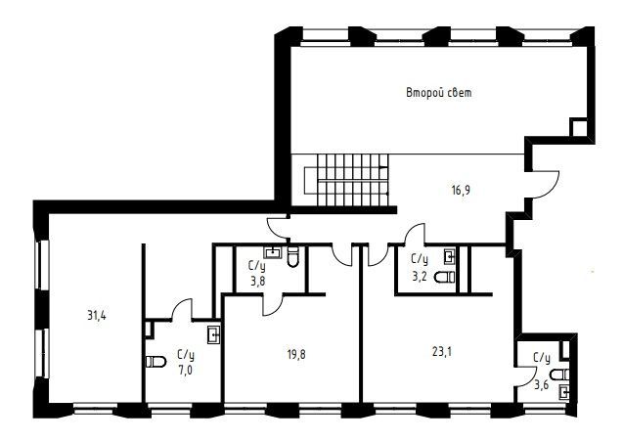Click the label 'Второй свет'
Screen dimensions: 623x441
point(439,93)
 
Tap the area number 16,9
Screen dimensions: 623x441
point(461,191)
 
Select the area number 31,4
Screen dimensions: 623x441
point(97,316)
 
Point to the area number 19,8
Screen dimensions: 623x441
point(296,354)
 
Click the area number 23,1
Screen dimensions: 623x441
point(442,352)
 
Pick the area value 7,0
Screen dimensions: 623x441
point(186,371)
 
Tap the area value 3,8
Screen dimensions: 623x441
point(257,282)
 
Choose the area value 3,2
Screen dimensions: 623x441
point(420,276)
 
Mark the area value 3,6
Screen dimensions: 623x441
point(541,384)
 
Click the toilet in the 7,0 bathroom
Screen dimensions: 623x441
point(156,362)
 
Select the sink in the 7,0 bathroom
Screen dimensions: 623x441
point(214,335)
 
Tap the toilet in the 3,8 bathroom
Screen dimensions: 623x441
point(292,257)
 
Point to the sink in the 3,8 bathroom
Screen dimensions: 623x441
point(273,252)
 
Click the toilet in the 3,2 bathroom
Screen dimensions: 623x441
point(445,277)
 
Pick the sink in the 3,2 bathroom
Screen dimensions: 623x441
point(449,256)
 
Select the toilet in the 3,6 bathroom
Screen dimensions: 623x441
point(559,375)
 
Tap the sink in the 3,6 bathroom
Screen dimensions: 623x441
point(563,393)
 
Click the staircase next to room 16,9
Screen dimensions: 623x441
point(346,180)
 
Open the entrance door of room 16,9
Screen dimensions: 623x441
point(545,185)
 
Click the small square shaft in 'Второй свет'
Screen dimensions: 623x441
point(579,127)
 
